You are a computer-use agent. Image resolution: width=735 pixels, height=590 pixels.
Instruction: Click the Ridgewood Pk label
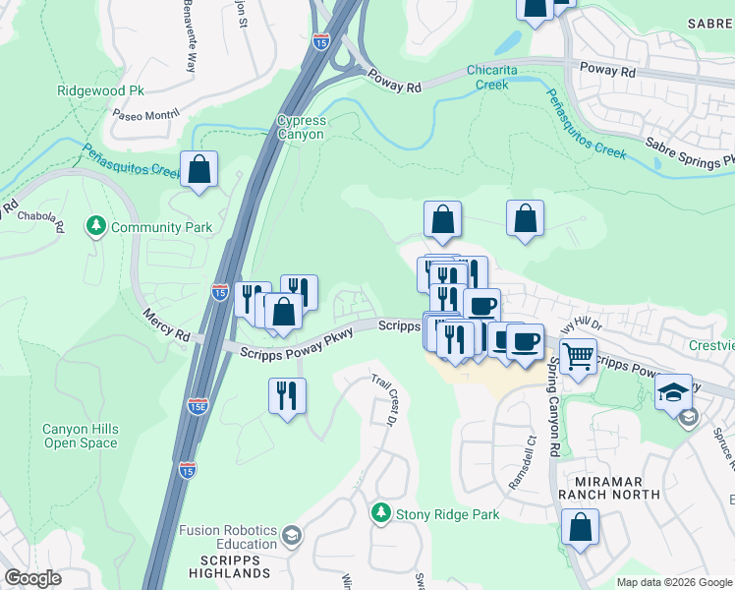pos(101,89)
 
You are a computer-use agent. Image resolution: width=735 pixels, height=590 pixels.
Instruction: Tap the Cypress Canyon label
pos(301,127)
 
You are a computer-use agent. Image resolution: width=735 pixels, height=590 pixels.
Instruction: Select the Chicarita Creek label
pos(478,78)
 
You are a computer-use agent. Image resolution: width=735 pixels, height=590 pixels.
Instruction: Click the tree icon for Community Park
pos(96,227)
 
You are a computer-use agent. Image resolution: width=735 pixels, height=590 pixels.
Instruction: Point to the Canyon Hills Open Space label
pos(80,436)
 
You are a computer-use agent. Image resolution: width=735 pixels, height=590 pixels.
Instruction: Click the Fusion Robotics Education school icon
pos(291,536)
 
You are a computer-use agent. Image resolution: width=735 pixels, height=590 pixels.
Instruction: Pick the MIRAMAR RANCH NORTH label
pos(609,488)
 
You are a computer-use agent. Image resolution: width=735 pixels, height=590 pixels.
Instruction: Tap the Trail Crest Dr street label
pos(382,400)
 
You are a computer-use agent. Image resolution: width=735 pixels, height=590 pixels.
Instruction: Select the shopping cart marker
pos(579,356)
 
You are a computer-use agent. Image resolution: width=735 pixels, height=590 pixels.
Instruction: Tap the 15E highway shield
pos(198,405)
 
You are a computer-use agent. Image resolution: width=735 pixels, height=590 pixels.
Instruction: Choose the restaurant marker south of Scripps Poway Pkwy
pos(287,396)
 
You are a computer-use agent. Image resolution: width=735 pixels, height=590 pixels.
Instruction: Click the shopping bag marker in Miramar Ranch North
pos(581,527)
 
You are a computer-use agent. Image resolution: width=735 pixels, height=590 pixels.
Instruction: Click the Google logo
pos(33,578)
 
